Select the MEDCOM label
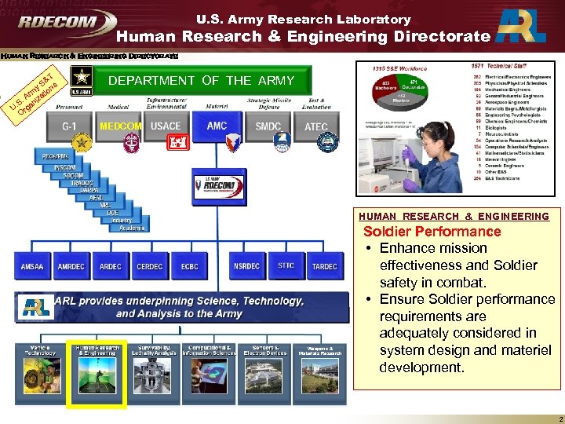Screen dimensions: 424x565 pyautogui.click(x=120, y=126)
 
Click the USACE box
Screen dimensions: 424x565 pyautogui.click(x=166, y=126)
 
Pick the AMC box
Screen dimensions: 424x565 pyautogui.click(x=217, y=126)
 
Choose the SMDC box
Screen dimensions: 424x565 pyautogui.click(x=268, y=126)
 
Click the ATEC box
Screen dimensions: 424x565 pyautogui.click(x=316, y=126)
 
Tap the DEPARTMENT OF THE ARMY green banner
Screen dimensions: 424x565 pyautogui.click(x=201, y=80)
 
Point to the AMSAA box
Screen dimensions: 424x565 pyautogui.click(x=32, y=266)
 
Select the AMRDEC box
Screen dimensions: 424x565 pyautogui.click(x=71, y=266)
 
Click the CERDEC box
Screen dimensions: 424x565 pyautogui.click(x=150, y=266)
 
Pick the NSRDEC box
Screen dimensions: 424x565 pyautogui.click(x=246, y=266)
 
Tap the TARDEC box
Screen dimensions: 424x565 pyautogui.click(x=324, y=266)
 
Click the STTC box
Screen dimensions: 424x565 pyautogui.click(x=286, y=266)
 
